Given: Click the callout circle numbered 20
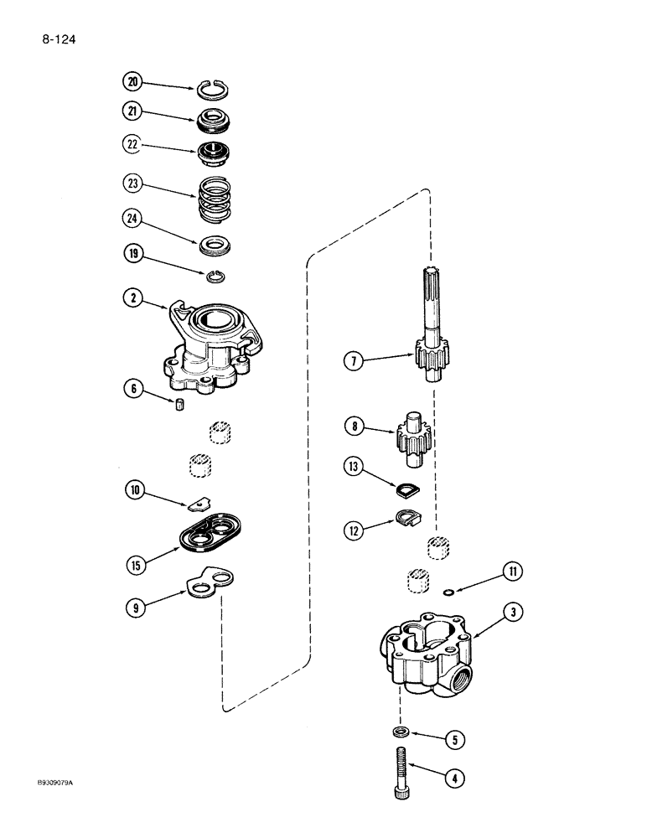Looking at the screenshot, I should click(132, 81).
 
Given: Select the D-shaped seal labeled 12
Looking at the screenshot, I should click(410, 522).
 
